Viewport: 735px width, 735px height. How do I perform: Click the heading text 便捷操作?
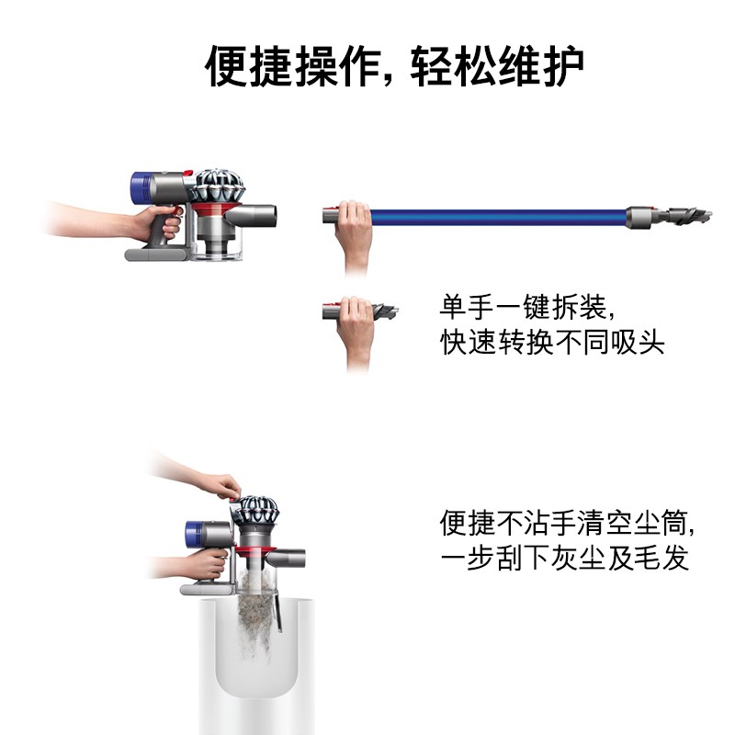click(293, 66)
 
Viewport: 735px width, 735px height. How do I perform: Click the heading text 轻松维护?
click(497, 66)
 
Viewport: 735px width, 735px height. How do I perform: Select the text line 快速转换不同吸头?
click(552, 342)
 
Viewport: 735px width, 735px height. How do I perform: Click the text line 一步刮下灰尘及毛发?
click(564, 558)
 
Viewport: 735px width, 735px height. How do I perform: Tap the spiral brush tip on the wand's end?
click(689, 216)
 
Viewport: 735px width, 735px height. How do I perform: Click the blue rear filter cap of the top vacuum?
click(140, 188)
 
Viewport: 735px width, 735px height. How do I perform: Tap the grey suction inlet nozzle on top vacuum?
click(251, 216)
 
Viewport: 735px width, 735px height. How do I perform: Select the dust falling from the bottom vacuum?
click(256, 609)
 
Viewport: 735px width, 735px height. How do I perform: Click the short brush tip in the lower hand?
click(385, 311)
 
